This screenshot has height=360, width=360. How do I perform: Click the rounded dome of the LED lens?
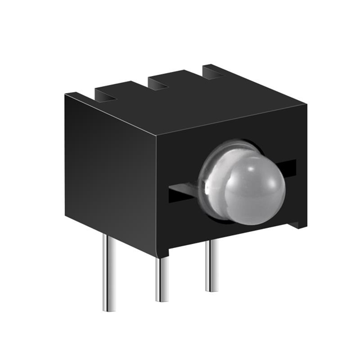click(254, 188)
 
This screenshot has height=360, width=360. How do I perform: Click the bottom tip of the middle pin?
click(161, 300)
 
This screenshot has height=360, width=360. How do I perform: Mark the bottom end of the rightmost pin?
click(211, 290)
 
